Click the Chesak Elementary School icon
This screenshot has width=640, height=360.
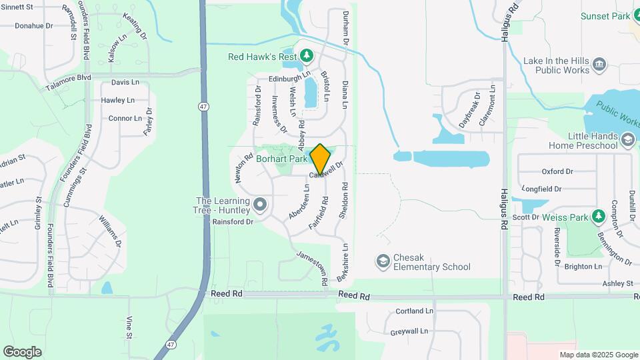(x=383, y=261)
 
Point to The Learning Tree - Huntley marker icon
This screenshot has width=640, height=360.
(x=259, y=204)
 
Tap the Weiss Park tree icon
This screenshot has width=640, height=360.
(x=598, y=217)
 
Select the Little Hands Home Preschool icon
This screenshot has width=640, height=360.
(x=627, y=139)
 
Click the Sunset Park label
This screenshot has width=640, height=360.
(x=605, y=16)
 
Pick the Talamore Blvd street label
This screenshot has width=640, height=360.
(x=68, y=78)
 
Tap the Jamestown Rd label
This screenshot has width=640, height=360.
(x=312, y=269)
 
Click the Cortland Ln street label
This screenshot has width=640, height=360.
(x=414, y=311)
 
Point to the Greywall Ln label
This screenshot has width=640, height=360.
(x=413, y=331)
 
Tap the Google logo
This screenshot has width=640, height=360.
(x=22, y=351)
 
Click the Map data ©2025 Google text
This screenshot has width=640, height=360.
(x=598, y=355)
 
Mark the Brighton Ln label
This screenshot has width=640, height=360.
(x=583, y=266)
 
